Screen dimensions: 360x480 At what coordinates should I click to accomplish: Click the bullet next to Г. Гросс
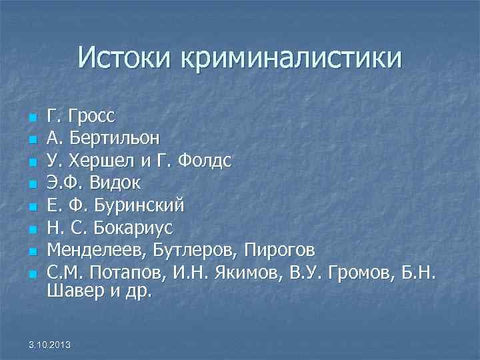point(31,119)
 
